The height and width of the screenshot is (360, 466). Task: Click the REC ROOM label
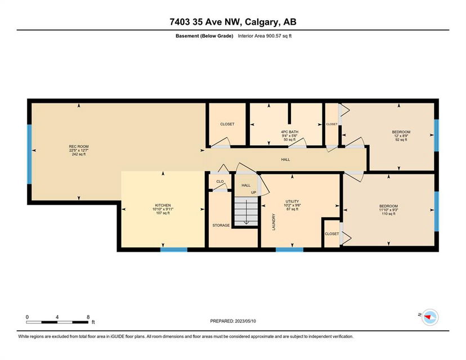(79, 146)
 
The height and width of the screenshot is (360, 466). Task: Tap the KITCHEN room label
(163, 205)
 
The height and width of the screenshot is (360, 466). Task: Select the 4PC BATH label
(289, 132)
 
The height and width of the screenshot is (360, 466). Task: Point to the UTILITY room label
(292, 201)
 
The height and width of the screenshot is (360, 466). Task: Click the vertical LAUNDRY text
(274, 222)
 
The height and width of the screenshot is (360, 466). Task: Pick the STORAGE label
(221, 226)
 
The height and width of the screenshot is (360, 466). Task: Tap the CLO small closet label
(220, 182)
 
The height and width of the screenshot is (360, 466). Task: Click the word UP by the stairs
(253, 192)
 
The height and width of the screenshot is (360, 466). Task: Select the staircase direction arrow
(247, 213)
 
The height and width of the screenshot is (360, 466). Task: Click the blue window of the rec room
(29, 154)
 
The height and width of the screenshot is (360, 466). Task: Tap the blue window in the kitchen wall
(174, 250)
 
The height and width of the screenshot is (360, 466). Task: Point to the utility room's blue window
(289, 250)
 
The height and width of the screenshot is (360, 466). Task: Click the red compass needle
(428, 317)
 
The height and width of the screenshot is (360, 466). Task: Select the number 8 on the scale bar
(88, 317)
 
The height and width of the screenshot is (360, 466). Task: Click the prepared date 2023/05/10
(245, 321)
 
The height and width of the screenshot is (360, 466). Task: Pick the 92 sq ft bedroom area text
(401, 139)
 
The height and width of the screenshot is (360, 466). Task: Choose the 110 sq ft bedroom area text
(388, 214)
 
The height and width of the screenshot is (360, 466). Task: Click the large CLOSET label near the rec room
(227, 124)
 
